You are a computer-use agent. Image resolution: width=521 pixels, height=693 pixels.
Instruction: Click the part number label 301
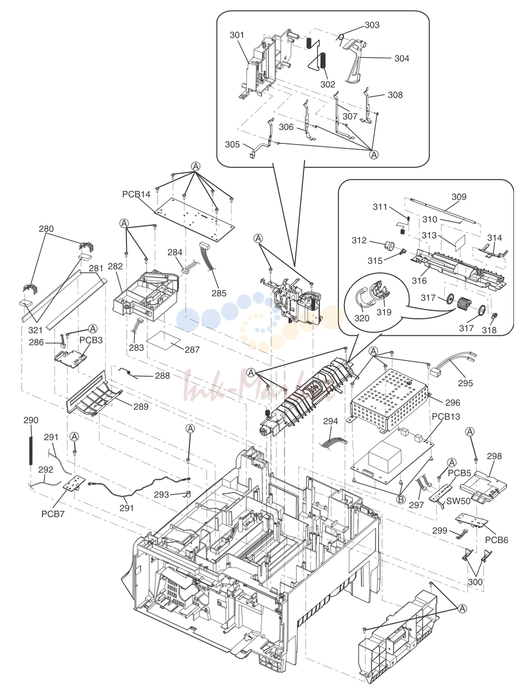(x=236, y=35)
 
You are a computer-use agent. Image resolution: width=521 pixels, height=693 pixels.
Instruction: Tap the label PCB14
(x=136, y=194)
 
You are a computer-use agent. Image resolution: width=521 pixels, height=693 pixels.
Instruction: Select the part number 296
(x=452, y=403)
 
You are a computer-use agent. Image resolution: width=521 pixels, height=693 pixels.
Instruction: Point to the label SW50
(x=458, y=501)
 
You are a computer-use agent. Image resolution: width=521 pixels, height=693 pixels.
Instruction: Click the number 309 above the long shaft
(x=459, y=197)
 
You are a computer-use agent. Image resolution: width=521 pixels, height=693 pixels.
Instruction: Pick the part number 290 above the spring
(x=31, y=420)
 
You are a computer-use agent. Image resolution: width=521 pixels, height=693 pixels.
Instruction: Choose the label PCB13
(x=446, y=416)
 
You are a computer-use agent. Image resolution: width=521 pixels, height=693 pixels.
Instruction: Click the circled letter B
(x=400, y=500)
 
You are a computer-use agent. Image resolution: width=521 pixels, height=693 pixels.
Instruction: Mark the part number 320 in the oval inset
(x=362, y=318)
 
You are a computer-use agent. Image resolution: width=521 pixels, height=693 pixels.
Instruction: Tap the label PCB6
(x=496, y=540)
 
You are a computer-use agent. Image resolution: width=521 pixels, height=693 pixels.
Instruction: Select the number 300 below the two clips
(x=475, y=582)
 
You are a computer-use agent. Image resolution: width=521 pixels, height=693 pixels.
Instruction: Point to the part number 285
(x=219, y=293)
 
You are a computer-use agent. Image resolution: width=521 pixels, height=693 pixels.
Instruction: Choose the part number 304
(x=401, y=58)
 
